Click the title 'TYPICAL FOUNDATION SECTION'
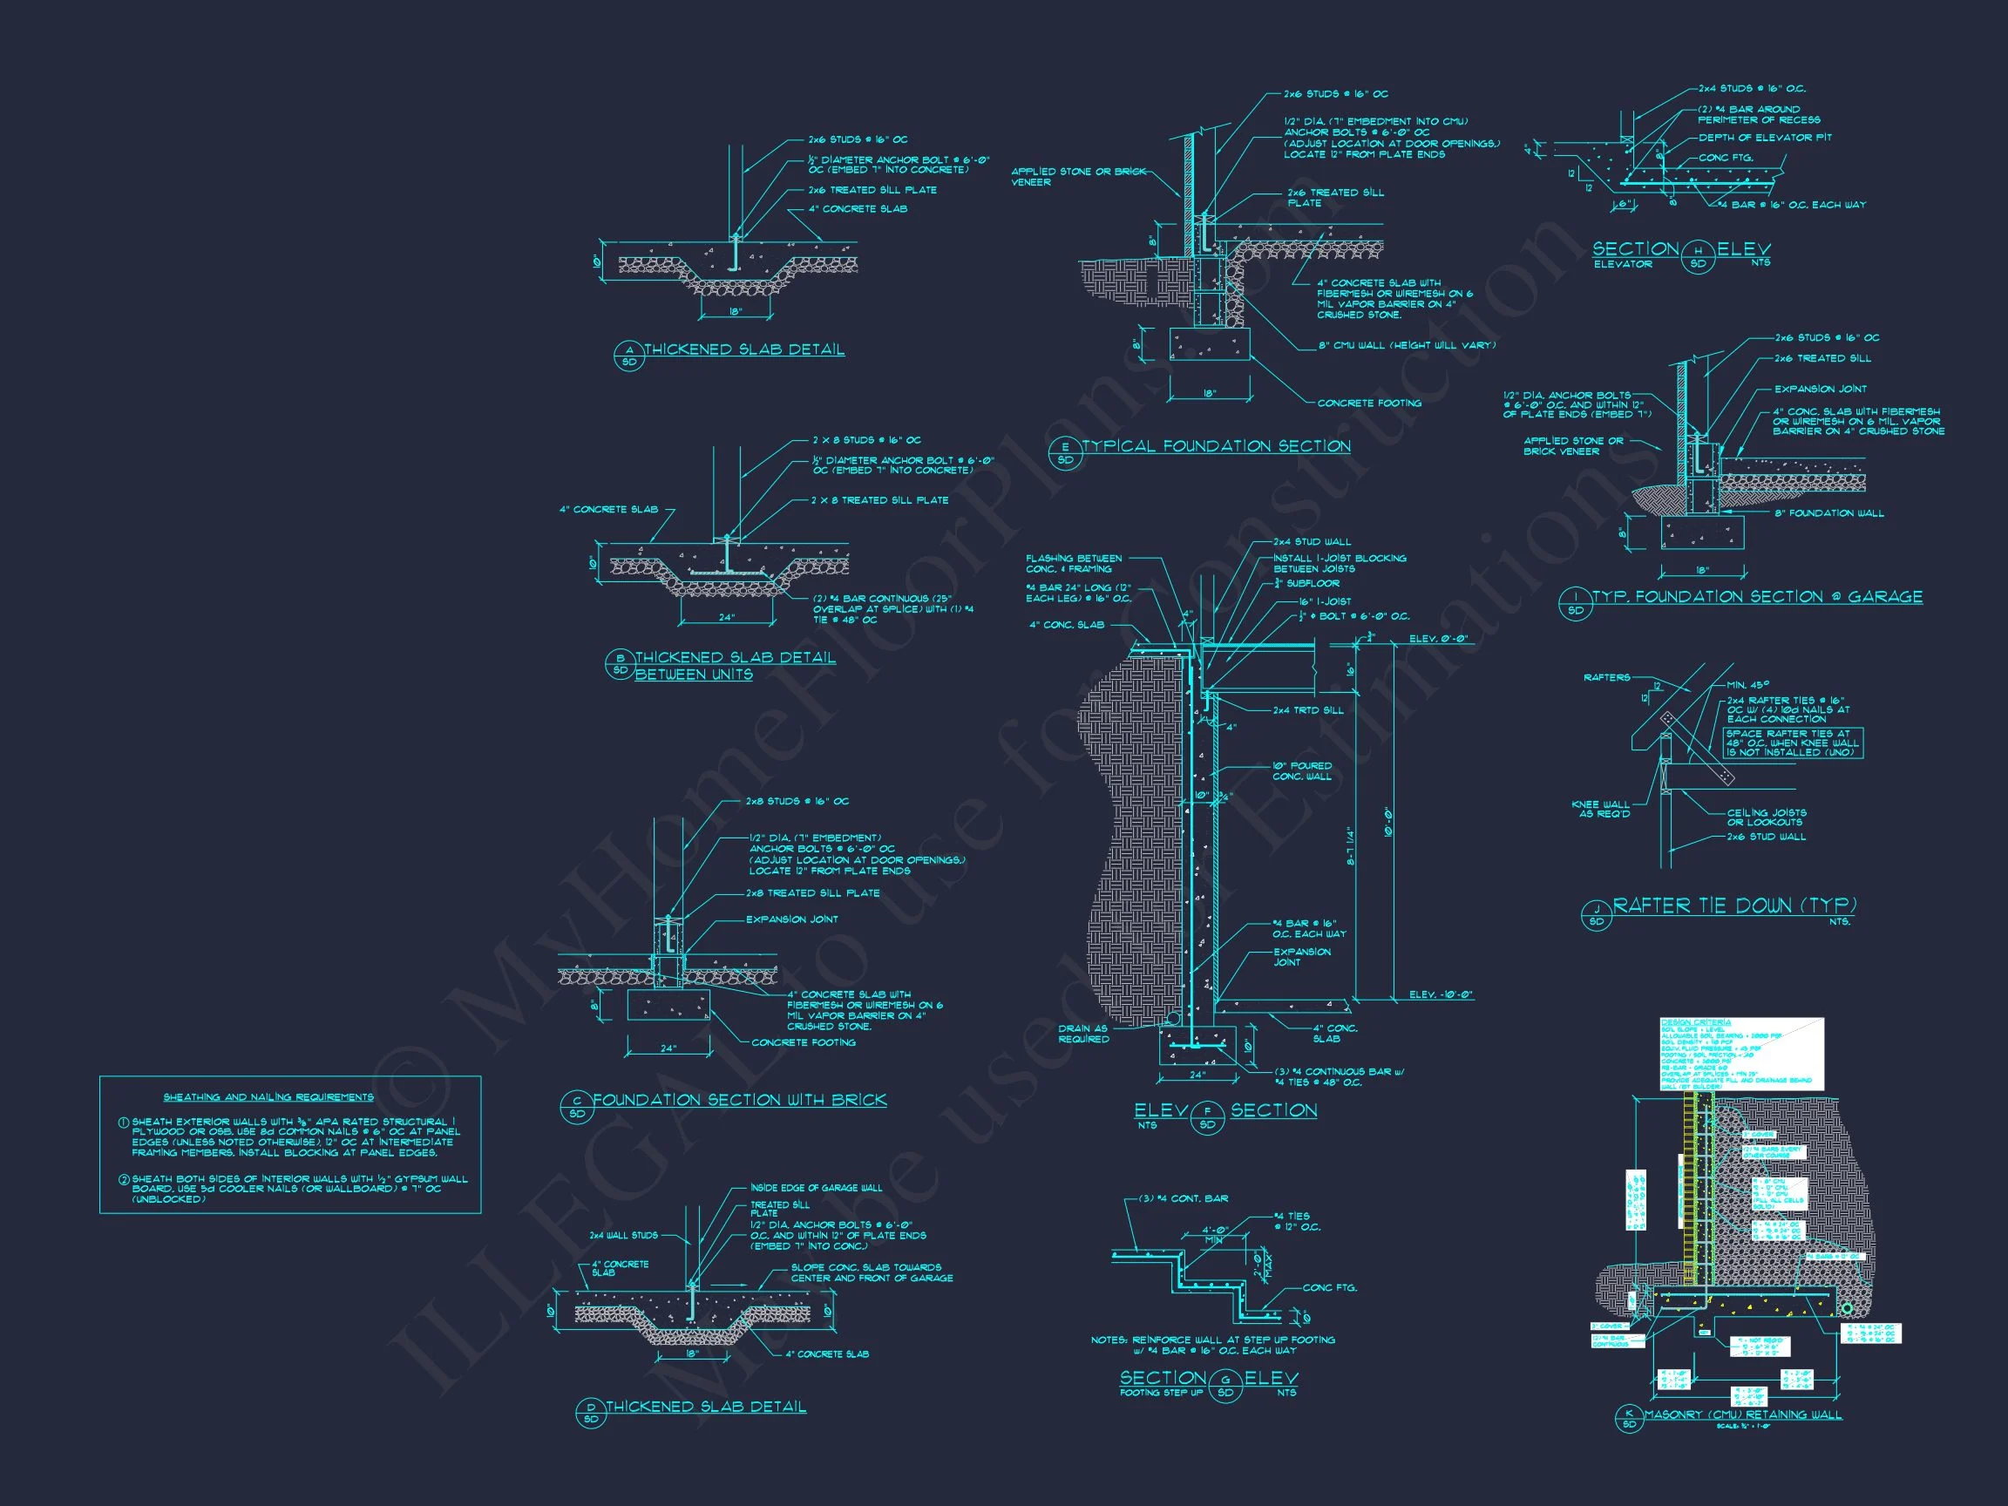(1216, 446)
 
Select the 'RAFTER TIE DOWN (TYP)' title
(1733, 906)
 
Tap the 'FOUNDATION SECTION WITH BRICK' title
(739, 1100)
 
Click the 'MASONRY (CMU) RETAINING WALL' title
(1743, 1414)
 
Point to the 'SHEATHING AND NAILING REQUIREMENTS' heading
(268, 1097)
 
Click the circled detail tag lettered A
(628, 355)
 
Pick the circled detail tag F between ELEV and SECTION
(1207, 1117)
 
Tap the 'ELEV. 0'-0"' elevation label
(1438, 639)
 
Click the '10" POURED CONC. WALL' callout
(1302, 770)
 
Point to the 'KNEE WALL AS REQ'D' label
(1600, 809)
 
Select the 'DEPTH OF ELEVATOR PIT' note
(1765, 138)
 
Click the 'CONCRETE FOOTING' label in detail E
(1369, 403)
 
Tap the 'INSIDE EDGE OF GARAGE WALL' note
(816, 1187)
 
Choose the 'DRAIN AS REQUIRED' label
(1083, 1034)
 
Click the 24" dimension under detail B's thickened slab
(726, 617)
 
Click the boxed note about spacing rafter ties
(1793, 743)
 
